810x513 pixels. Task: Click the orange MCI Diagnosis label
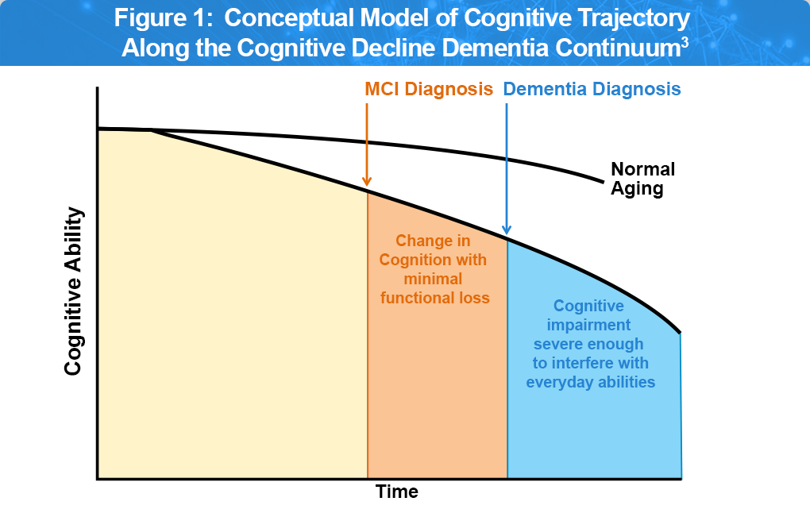[429, 89]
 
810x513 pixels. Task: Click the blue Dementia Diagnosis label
[592, 89]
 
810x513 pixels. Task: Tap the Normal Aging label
[642, 179]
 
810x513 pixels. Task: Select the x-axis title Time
[397, 492]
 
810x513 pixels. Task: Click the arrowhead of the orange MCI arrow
[367, 180]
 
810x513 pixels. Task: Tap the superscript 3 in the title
[685, 40]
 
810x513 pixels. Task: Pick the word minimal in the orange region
[434, 280]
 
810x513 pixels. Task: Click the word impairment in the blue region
[588, 325]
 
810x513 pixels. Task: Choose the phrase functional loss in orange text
[434, 299]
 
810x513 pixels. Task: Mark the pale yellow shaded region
[230, 318]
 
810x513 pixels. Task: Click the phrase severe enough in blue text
[588, 344]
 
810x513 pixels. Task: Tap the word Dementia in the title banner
[488, 48]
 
